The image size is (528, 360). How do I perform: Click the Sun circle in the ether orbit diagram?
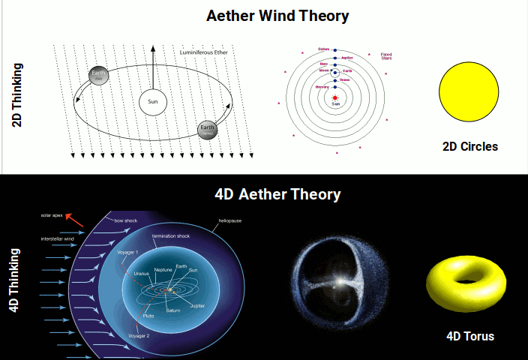152,103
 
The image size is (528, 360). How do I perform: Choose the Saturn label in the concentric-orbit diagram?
324,49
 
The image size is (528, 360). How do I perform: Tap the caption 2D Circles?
470,146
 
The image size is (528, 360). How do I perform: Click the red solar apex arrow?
73,220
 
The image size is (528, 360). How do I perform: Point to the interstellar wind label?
57,239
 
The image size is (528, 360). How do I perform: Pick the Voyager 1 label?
127,252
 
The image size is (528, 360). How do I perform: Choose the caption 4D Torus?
470,336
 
